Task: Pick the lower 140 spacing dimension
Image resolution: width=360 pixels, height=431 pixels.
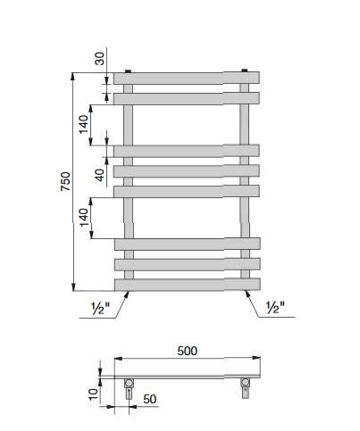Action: [x=84, y=219]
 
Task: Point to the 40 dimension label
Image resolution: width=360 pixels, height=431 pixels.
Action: [x=100, y=173]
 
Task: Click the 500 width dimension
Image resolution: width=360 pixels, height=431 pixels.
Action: [x=186, y=351]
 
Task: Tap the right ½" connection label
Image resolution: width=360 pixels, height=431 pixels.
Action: [x=274, y=309]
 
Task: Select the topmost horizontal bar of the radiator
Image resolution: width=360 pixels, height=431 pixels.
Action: [x=186, y=78]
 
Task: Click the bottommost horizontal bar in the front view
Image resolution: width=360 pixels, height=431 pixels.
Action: [x=186, y=284]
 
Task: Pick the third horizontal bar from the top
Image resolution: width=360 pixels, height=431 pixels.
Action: [x=186, y=150]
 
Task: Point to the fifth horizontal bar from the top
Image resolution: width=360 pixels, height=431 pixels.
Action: [x=186, y=190]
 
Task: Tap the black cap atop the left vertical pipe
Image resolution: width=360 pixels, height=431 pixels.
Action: [x=130, y=69]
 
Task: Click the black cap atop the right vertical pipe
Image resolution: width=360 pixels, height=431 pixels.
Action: [x=244, y=69]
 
